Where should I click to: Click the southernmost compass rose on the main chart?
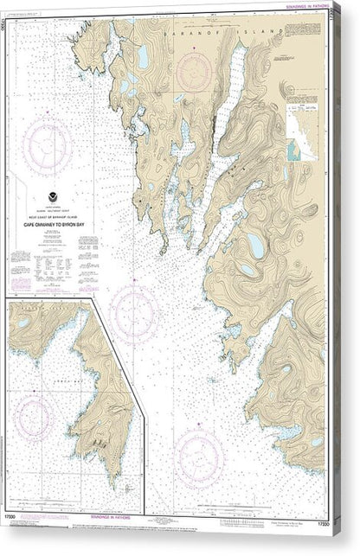pos(200,451)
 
